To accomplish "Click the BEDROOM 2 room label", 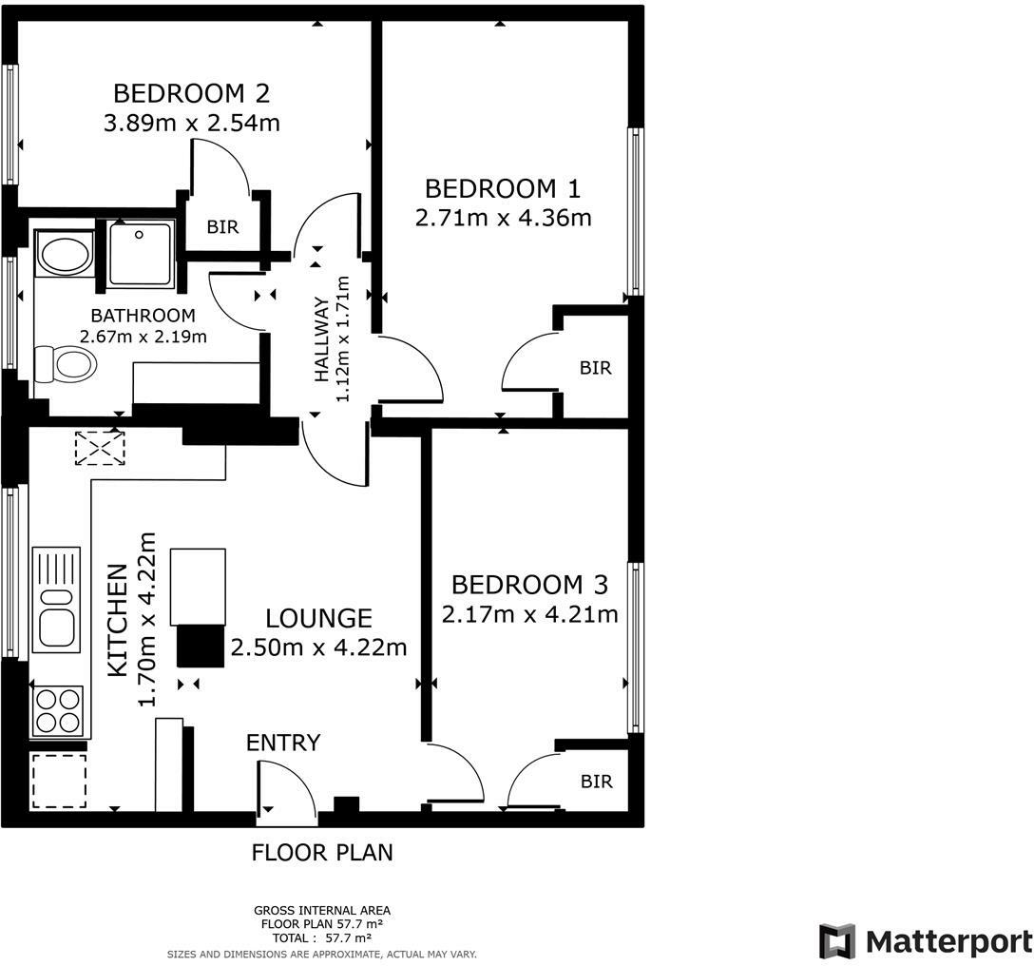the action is (x=191, y=94).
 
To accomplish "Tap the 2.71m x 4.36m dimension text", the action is (x=503, y=219).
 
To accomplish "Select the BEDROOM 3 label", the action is (x=529, y=584).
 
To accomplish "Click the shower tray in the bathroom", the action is (x=141, y=254).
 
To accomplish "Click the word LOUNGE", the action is (x=318, y=619).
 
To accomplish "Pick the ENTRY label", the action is (x=283, y=743).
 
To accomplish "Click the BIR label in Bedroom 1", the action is (x=595, y=368).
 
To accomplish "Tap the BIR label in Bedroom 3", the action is (x=596, y=782).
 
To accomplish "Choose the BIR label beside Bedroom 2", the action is (x=222, y=228).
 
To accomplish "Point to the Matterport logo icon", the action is (x=836, y=941).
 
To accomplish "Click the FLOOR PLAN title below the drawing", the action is (x=321, y=852).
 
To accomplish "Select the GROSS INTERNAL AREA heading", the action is (x=321, y=910).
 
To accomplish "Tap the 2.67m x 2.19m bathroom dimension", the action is (x=144, y=336).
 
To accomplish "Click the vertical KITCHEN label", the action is (x=117, y=620).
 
